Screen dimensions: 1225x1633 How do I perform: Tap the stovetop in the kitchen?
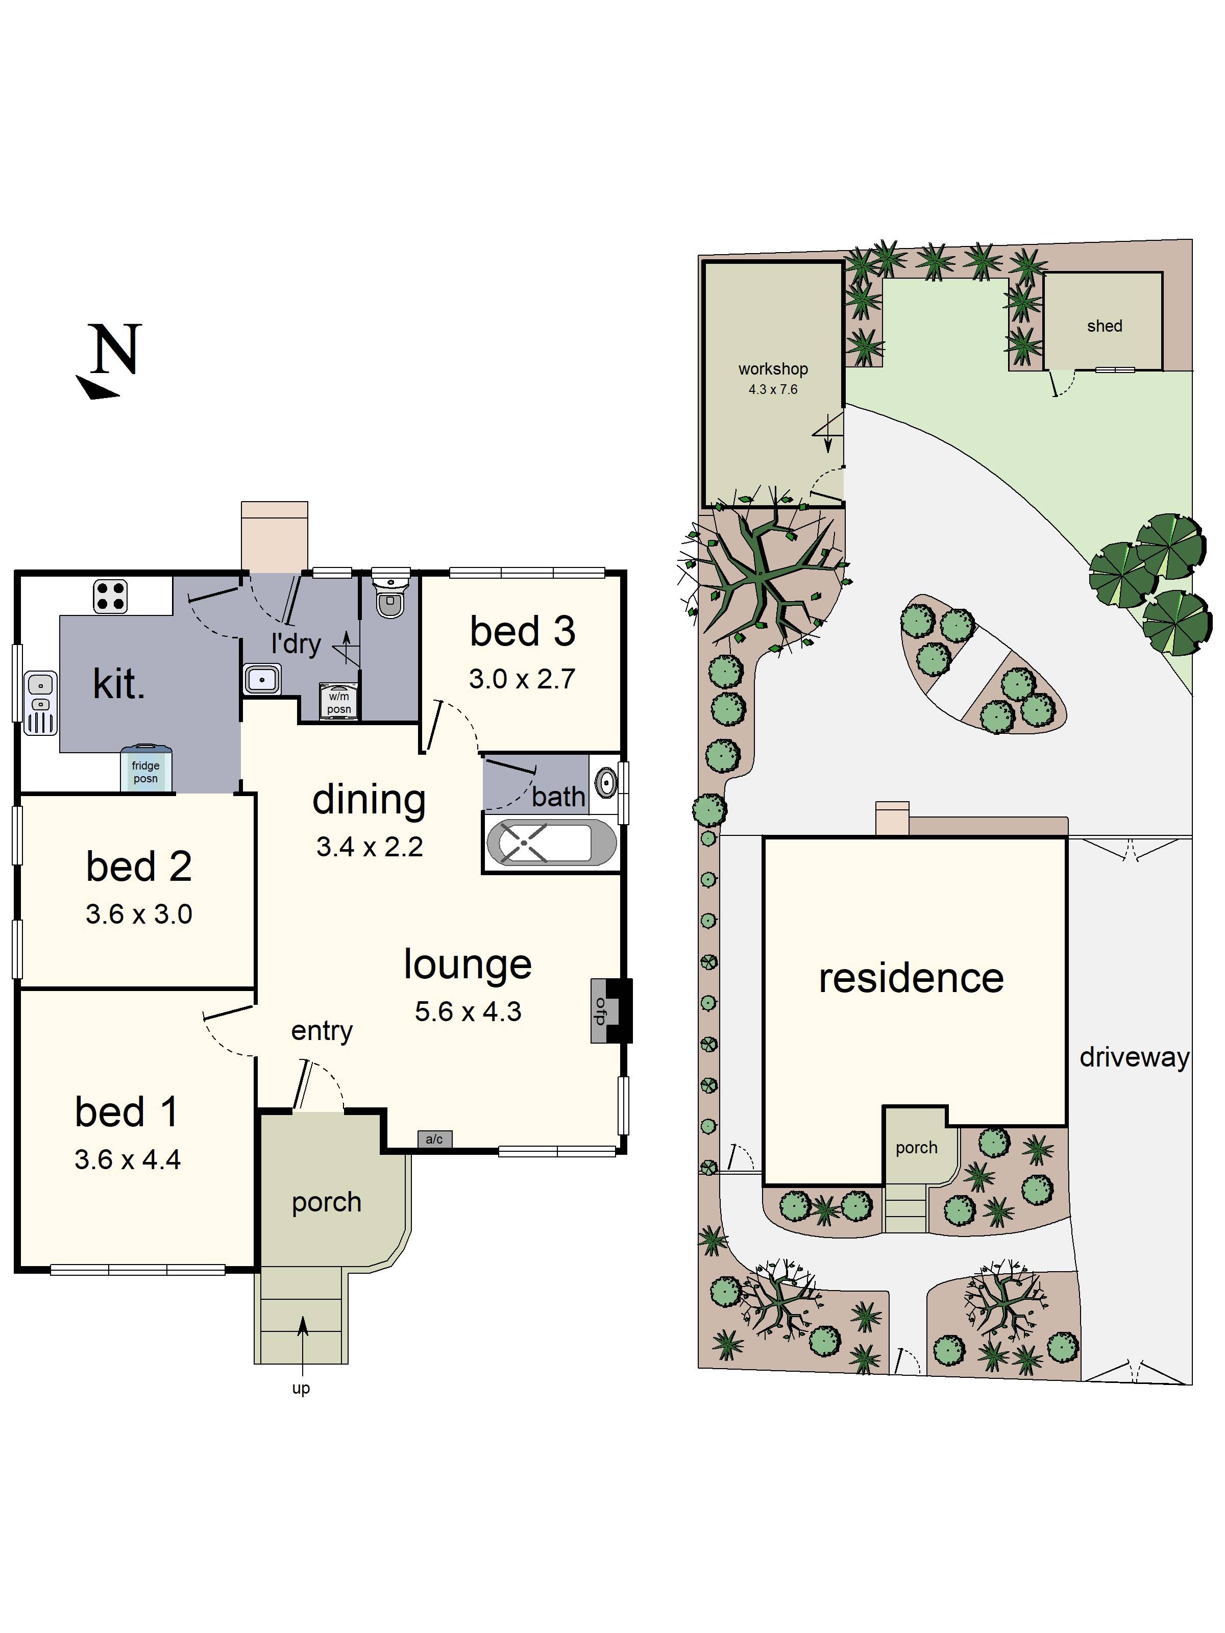pyautogui.click(x=110, y=597)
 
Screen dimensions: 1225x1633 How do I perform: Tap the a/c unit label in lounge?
pyautogui.click(x=434, y=1139)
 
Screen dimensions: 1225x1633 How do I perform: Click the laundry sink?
pyautogui.click(x=262, y=678)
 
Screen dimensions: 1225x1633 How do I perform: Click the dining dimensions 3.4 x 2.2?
pyautogui.click(x=369, y=847)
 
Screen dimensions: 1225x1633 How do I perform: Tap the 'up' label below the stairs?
pyautogui.click(x=301, y=1389)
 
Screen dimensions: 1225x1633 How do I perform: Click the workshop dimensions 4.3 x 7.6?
pyautogui.click(x=773, y=389)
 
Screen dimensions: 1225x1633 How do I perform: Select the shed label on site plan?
pyautogui.click(x=1105, y=326)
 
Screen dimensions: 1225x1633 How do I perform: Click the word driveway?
pyautogui.click(x=1134, y=1058)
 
